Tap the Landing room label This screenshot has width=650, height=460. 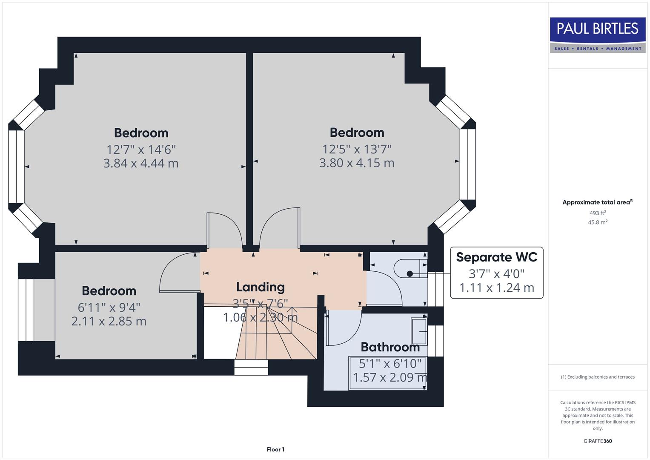coord(260,287)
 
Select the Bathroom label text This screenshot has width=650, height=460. coord(390,347)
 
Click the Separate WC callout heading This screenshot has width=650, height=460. coord(496,257)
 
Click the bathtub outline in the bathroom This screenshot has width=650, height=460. coord(387,373)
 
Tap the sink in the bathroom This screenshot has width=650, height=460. coord(419,331)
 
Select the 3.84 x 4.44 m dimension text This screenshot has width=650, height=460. coord(140,163)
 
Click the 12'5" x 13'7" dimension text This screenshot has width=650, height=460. coord(357,149)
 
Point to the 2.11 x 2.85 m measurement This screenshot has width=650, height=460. coord(109,321)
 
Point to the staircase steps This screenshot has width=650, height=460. coord(277,336)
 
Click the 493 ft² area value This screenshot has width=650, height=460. coord(597,213)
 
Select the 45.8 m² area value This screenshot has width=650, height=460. coord(597,222)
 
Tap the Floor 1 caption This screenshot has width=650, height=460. coord(275,449)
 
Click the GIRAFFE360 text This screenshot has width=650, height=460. coord(597,441)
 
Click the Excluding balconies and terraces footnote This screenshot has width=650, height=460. coord(598,377)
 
